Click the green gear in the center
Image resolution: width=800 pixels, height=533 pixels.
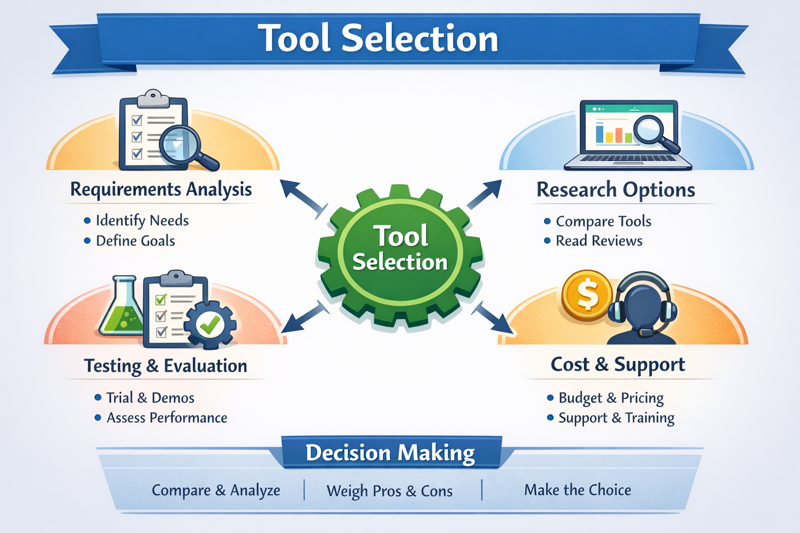[400, 255]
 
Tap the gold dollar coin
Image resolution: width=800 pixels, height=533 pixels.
[587, 295]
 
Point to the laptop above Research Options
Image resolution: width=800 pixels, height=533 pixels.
[628, 135]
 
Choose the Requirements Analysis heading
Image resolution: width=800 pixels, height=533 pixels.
[161, 189]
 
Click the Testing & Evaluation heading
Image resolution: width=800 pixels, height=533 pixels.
[166, 366]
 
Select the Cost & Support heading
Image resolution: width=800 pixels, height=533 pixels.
[618, 364]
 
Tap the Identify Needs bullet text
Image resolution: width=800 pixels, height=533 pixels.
[142, 221]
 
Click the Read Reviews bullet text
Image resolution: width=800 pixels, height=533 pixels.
[599, 241]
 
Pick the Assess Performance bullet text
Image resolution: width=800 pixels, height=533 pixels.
[167, 418]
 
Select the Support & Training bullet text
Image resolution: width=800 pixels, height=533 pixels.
[616, 418]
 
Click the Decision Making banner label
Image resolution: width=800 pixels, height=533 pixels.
[390, 453]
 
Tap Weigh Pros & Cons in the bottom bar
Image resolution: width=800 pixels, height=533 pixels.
[390, 491]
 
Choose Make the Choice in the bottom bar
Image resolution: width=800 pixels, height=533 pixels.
[577, 490]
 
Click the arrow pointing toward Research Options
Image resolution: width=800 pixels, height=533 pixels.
[484, 194]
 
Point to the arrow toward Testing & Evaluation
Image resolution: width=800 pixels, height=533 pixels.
[305, 318]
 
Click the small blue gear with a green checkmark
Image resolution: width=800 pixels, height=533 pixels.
[210, 325]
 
